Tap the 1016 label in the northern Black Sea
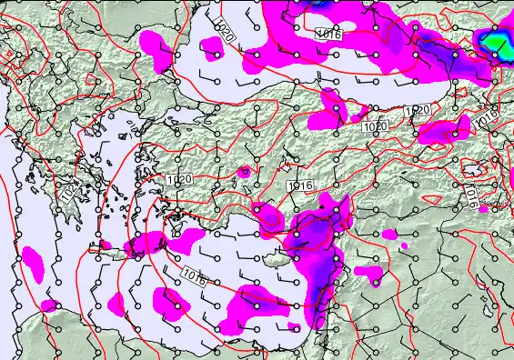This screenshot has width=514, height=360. (x=328, y=34)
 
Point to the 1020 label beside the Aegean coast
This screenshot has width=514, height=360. (x=178, y=180)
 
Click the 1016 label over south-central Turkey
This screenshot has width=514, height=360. (x=300, y=185)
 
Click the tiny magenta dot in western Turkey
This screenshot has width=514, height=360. (x=243, y=170)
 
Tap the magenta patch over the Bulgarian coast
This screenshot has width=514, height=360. (x=156, y=51)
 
